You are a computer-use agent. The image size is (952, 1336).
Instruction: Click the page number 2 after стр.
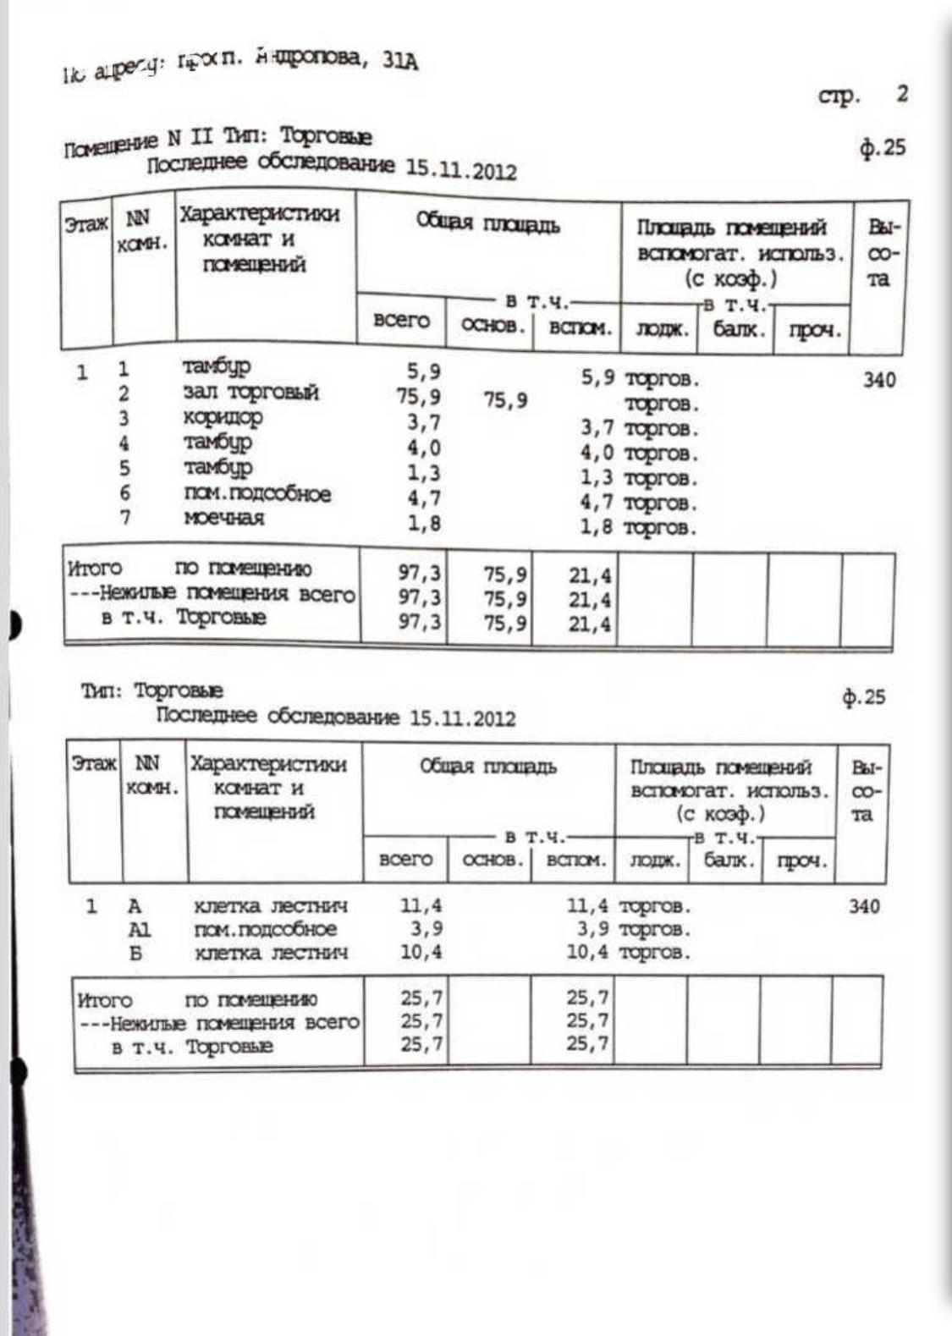point(902,93)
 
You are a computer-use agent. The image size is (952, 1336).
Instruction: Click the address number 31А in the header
point(399,61)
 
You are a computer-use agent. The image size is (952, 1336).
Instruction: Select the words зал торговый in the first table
point(250,393)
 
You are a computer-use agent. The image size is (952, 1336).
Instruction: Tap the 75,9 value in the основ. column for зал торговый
point(506,399)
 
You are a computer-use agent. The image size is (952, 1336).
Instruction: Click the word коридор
point(223,417)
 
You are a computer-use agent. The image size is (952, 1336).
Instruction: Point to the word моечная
point(223,517)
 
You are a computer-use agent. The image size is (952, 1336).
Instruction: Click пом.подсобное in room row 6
point(256,492)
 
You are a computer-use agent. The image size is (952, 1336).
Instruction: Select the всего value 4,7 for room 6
point(424,498)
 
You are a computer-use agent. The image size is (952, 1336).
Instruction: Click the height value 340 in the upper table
point(879,380)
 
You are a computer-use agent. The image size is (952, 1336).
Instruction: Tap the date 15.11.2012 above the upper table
point(460,168)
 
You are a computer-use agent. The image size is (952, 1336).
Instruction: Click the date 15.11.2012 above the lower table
point(462,718)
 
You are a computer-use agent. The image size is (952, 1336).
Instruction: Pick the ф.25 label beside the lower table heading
point(863,697)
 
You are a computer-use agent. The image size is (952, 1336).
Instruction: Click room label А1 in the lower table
point(140,930)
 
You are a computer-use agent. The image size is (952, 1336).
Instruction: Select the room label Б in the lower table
point(135,954)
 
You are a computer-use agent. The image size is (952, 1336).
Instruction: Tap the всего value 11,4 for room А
point(421,906)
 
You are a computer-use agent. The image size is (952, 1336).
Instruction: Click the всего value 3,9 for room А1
point(426,929)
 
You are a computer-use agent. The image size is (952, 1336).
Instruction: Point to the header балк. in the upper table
point(739,328)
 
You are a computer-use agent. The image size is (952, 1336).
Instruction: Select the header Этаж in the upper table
point(86,224)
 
